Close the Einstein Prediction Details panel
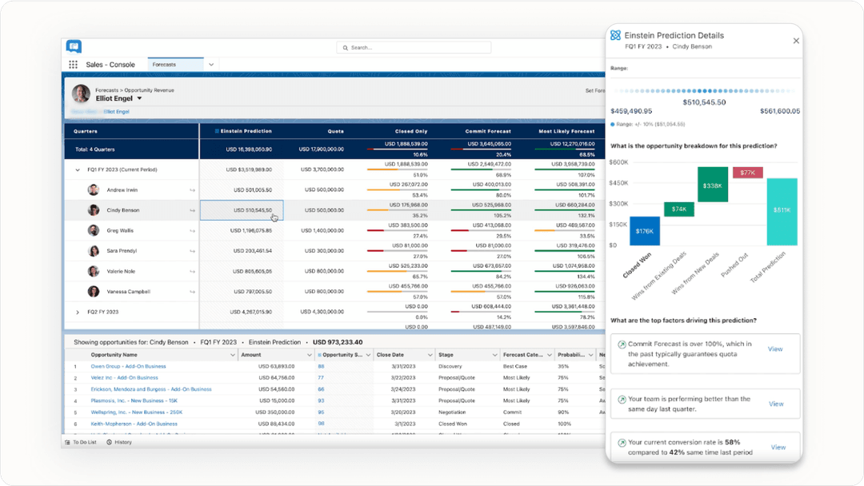tap(796, 41)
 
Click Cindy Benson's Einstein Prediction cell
tap(241, 210)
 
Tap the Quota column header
tap(335, 131)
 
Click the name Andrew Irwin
tap(122, 190)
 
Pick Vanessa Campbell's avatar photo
tap(94, 292)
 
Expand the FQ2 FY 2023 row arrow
tap(78, 312)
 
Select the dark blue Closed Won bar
tap(645, 231)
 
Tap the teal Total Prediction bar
tap(782, 211)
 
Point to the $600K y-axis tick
tap(618, 162)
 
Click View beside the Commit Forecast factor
tap(775, 349)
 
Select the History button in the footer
tap(119, 442)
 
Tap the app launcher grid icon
tap(73, 65)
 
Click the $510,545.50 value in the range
tap(704, 102)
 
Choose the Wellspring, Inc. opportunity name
tap(136, 412)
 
